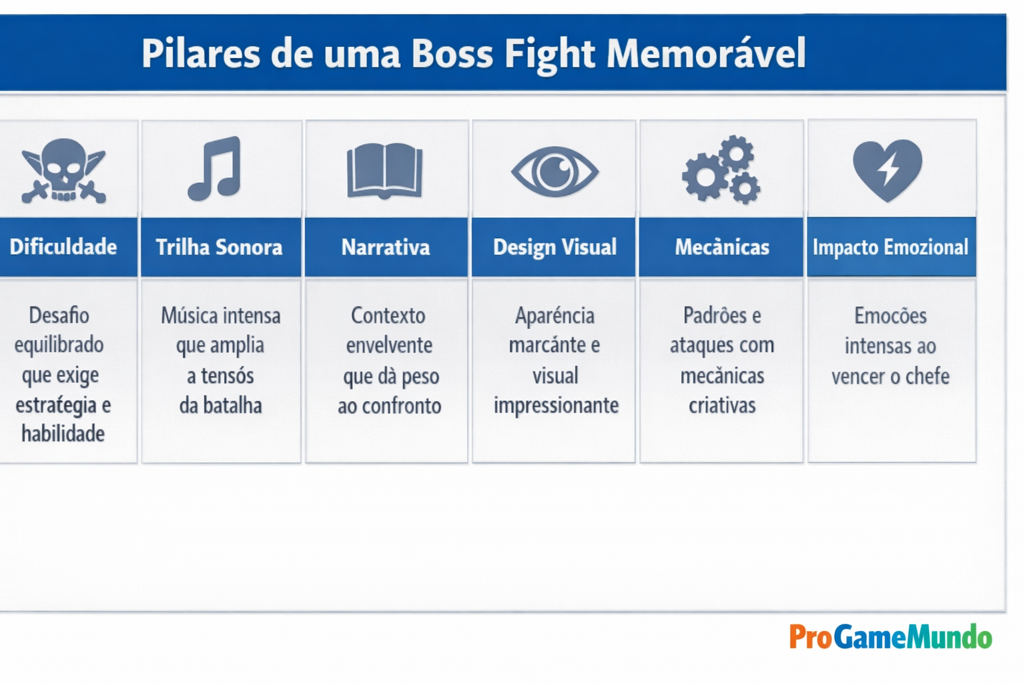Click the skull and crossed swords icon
click(x=63, y=170)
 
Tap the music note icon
click(x=215, y=169)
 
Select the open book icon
click(x=384, y=171)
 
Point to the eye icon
click(x=555, y=171)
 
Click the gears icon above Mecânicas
click(x=721, y=169)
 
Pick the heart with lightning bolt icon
click(x=888, y=170)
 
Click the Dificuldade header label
click(x=63, y=247)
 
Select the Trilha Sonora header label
click(x=219, y=247)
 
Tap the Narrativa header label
click(x=386, y=247)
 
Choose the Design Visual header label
click(x=555, y=247)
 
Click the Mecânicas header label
click(x=722, y=247)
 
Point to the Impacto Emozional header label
click(x=890, y=247)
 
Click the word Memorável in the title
click(x=706, y=53)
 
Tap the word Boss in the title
click(x=452, y=53)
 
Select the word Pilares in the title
click(x=200, y=53)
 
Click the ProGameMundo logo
click(x=890, y=637)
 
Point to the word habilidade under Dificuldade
click(x=63, y=434)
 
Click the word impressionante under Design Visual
click(x=556, y=406)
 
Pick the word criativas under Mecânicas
click(x=722, y=406)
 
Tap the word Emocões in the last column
click(x=890, y=315)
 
